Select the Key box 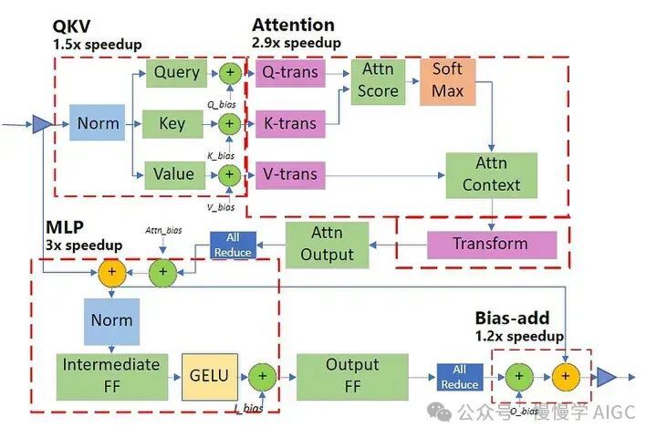(173, 123)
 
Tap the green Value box (173, 173)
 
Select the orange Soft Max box (448, 79)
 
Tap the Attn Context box (491, 173)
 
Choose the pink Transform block (491, 244)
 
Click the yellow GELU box (209, 375)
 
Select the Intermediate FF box (111, 375)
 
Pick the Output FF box (339, 375)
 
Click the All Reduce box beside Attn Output (233, 244)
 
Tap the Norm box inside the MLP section (111, 320)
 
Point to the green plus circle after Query (229, 72)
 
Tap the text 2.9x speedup (296, 42)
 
